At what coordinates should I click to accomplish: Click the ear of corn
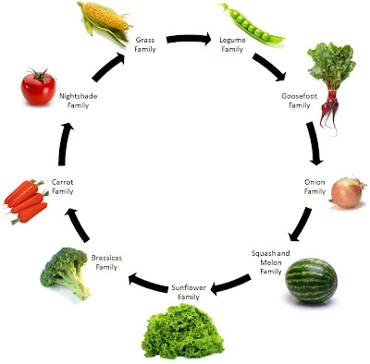click(x=105, y=21)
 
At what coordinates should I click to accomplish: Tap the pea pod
click(x=251, y=25)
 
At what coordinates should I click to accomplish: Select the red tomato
click(x=39, y=87)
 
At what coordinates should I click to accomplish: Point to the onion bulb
click(x=348, y=193)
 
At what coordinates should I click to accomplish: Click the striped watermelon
click(x=311, y=280)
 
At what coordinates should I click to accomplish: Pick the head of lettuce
click(x=184, y=331)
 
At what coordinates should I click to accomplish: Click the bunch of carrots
click(x=26, y=200)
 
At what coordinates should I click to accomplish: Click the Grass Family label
click(x=145, y=44)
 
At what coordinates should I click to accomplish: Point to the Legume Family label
click(x=232, y=44)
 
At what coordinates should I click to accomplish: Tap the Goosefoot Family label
click(x=299, y=101)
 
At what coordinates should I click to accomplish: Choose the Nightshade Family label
click(x=78, y=101)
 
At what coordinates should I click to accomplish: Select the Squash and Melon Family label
click(x=271, y=262)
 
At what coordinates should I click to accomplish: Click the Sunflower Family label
click(x=189, y=292)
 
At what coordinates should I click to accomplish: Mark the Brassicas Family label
click(x=106, y=262)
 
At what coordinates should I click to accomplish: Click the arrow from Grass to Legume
click(x=189, y=39)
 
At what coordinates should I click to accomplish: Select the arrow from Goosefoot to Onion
click(x=314, y=143)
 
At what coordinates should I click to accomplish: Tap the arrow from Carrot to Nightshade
click(x=64, y=144)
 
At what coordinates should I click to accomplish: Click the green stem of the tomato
click(x=40, y=75)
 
